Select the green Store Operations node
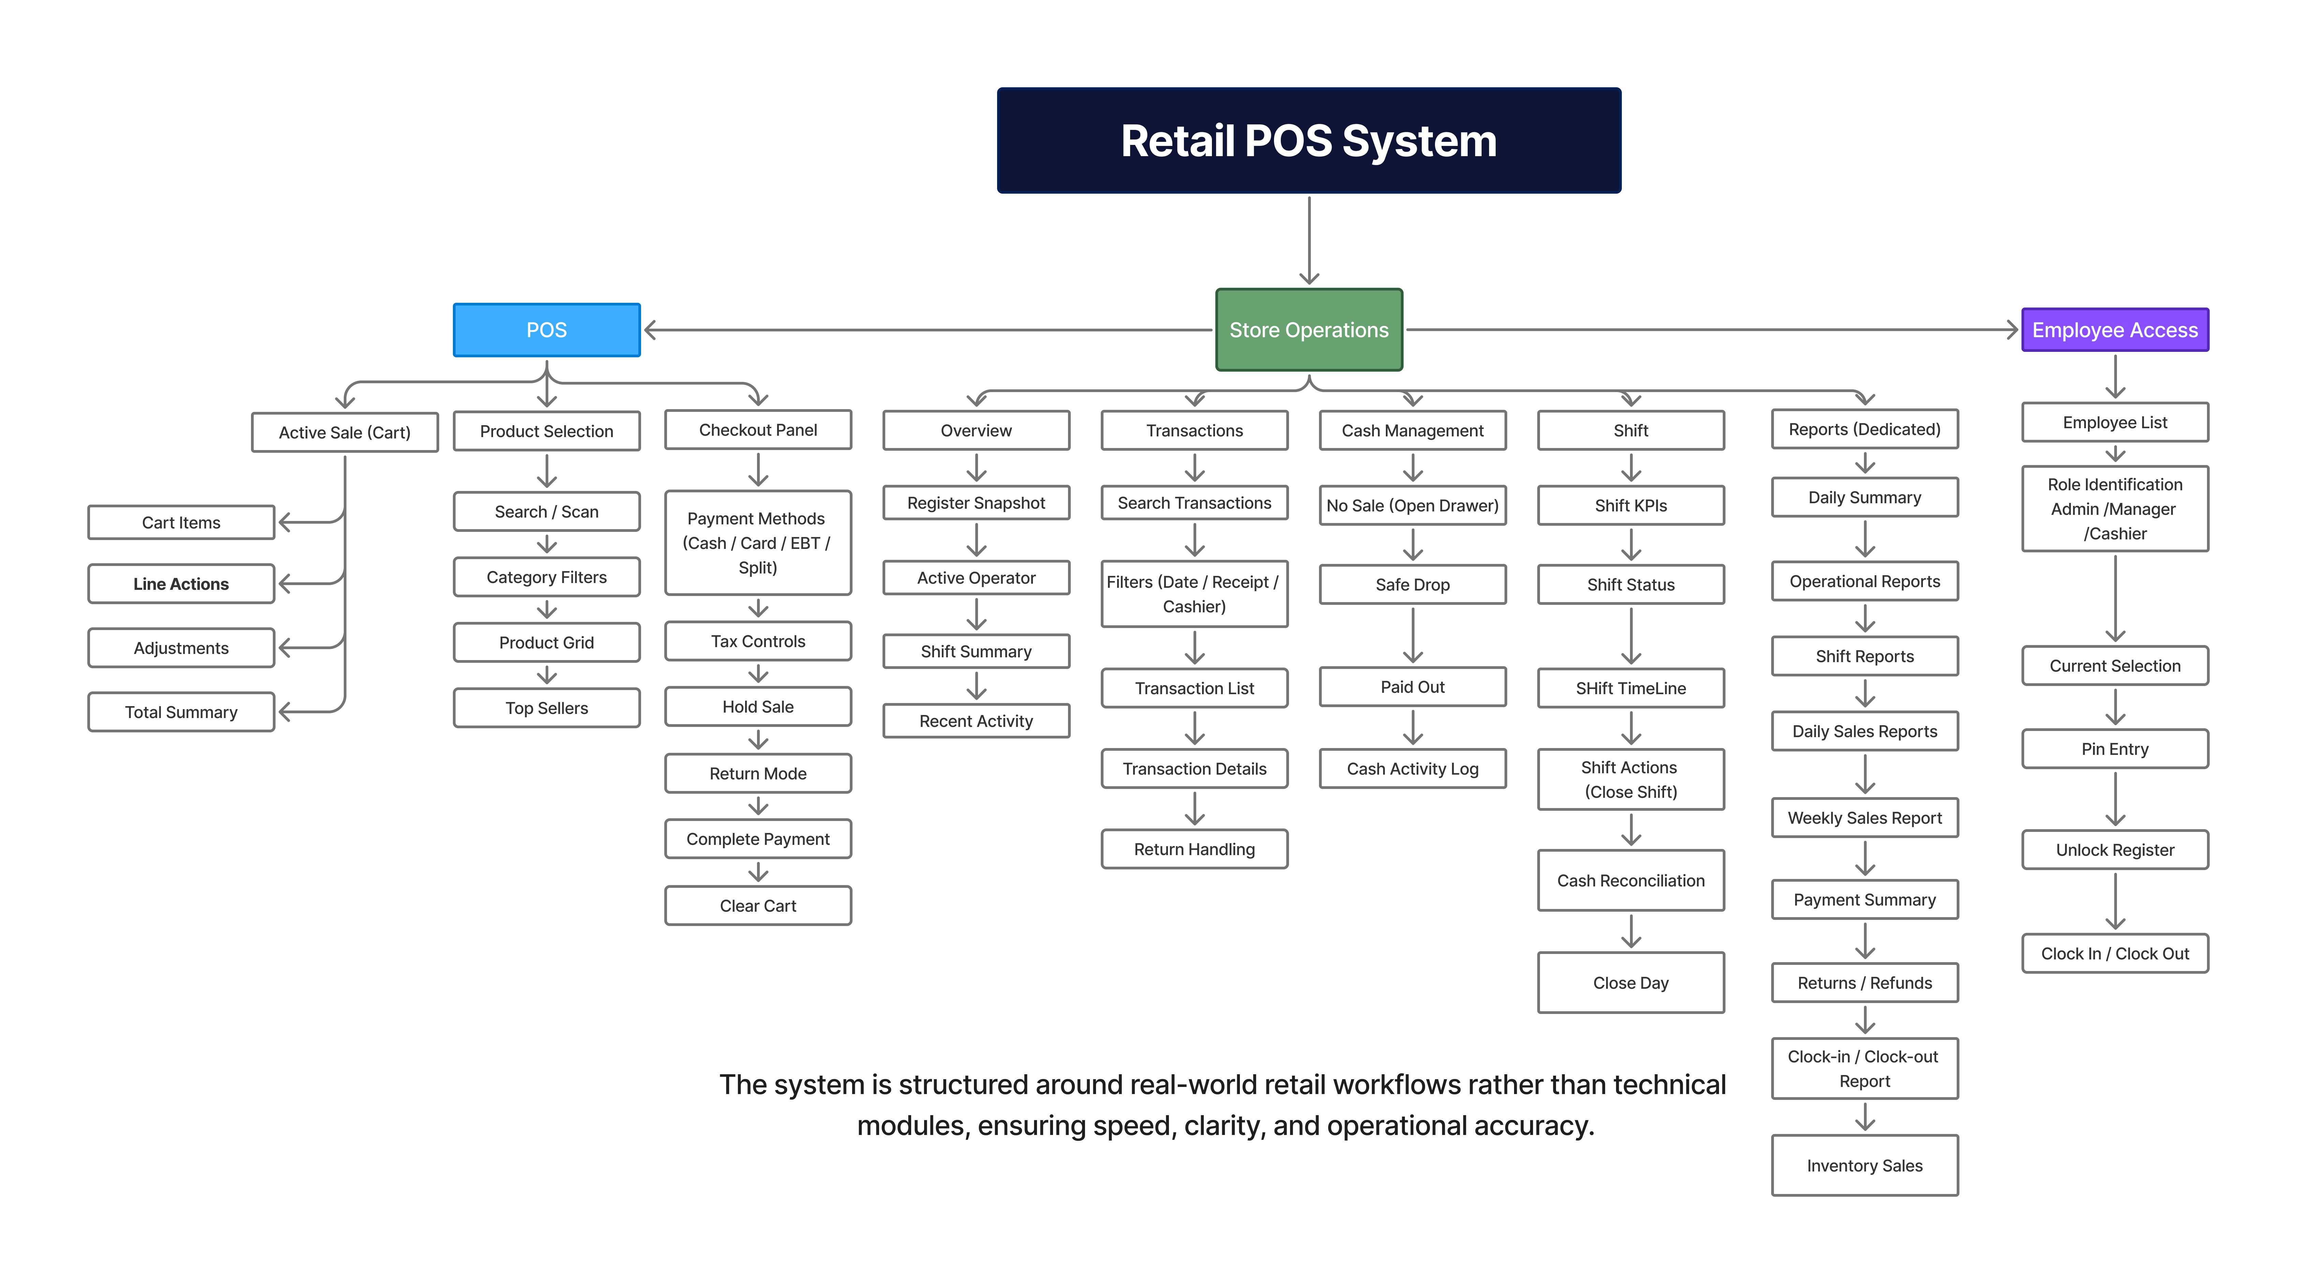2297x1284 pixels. pyautogui.click(x=1308, y=330)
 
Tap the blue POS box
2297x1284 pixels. pyautogui.click(x=547, y=330)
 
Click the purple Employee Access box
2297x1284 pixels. pyautogui.click(x=2114, y=330)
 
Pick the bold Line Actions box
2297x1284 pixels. pyautogui.click(x=181, y=584)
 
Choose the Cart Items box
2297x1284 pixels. pyautogui.click(x=181, y=523)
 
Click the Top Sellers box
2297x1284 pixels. pyautogui.click(x=547, y=708)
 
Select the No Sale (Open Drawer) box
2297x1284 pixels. pyautogui.click(x=1412, y=506)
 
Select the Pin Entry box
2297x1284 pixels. pyautogui.click(x=2114, y=749)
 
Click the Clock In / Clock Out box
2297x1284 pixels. pyautogui.click(x=2114, y=953)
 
